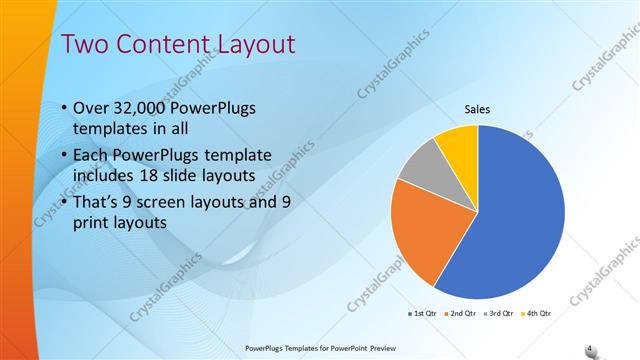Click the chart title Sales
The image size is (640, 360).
476,110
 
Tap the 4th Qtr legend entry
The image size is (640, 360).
536,314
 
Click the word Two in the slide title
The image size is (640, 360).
86,44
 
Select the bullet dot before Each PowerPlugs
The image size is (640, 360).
64,155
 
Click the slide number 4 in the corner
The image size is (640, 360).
589,348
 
